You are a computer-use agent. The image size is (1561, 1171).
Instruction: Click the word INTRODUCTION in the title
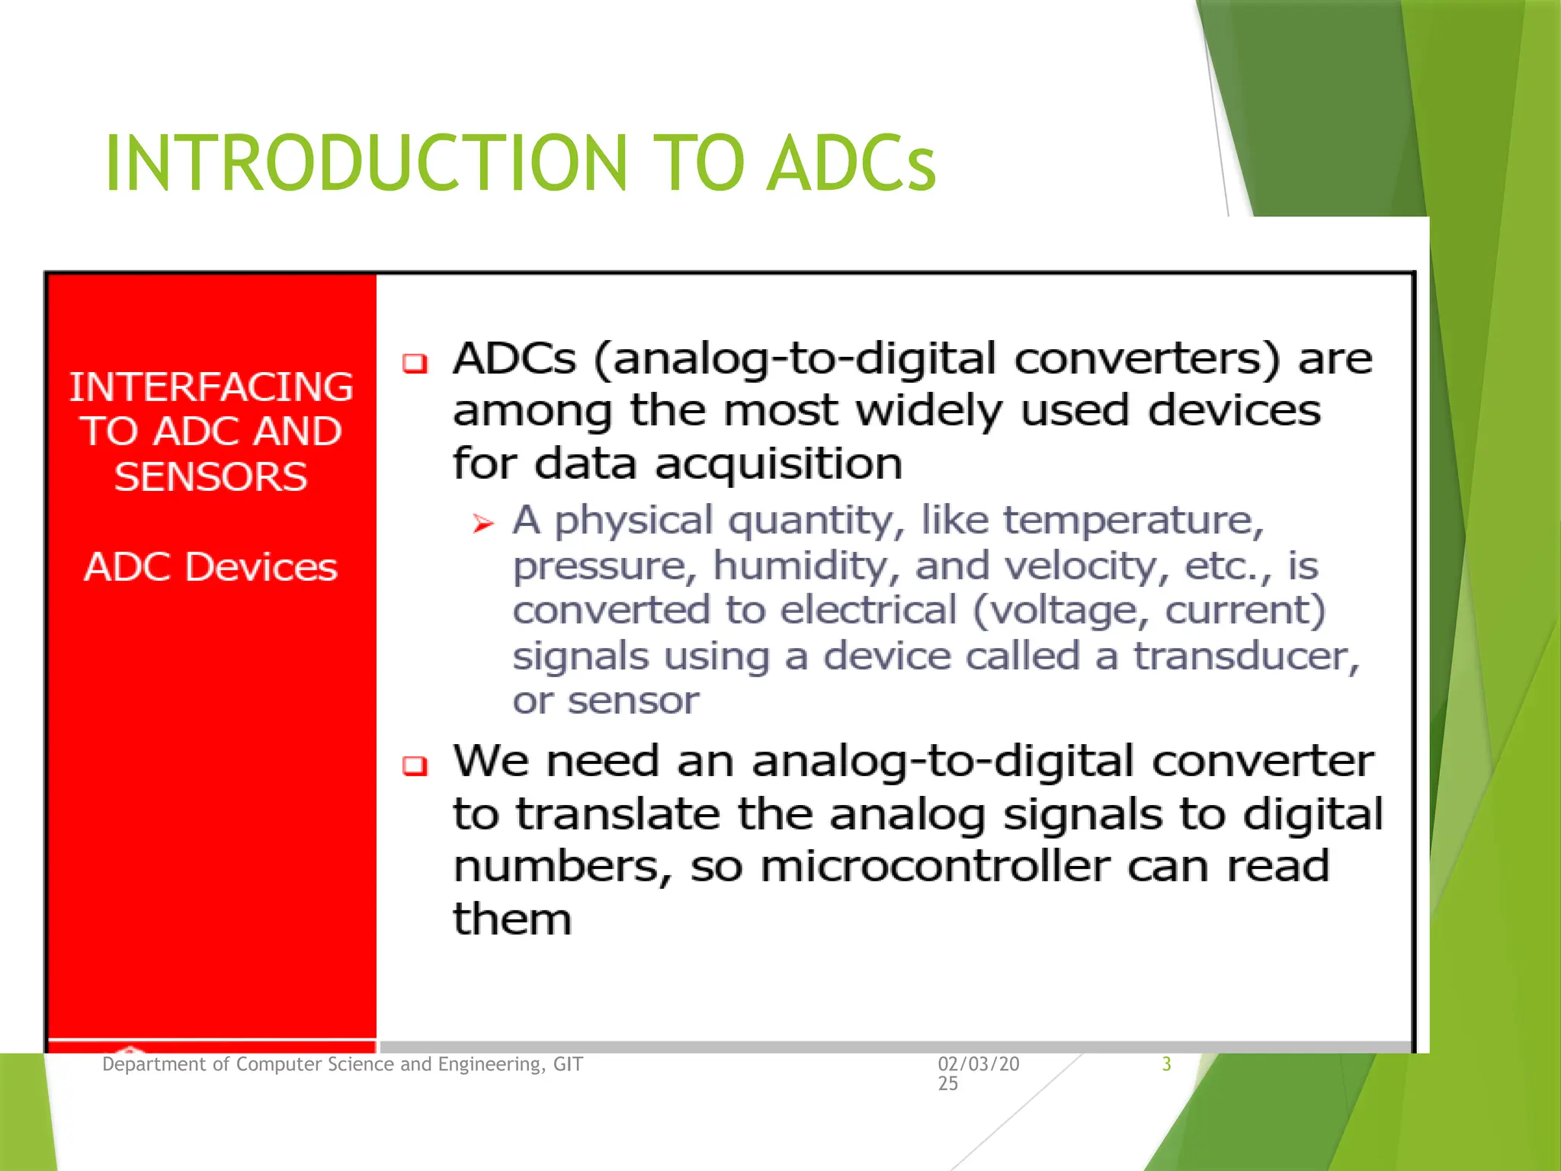[x=366, y=163]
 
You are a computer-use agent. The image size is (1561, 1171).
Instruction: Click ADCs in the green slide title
[x=851, y=163]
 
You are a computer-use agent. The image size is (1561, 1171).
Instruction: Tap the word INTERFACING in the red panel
[x=211, y=387]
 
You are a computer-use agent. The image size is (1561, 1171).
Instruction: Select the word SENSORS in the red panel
[x=211, y=477]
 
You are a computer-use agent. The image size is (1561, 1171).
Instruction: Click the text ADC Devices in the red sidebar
[x=211, y=567]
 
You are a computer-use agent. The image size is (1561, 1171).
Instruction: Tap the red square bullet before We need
[x=415, y=765]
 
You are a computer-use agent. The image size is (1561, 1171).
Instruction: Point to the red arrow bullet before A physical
[x=483, y=524]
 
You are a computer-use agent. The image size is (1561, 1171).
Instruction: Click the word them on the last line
[x=511, y=919]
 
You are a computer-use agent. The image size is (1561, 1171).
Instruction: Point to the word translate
[x=617, y=814]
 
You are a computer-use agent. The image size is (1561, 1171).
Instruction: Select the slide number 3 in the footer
[x=1166, y=1064]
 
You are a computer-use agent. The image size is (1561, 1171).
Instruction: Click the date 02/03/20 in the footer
[x=978, y=1064]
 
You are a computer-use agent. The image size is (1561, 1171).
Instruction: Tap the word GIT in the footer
[x=568, y=1064]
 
